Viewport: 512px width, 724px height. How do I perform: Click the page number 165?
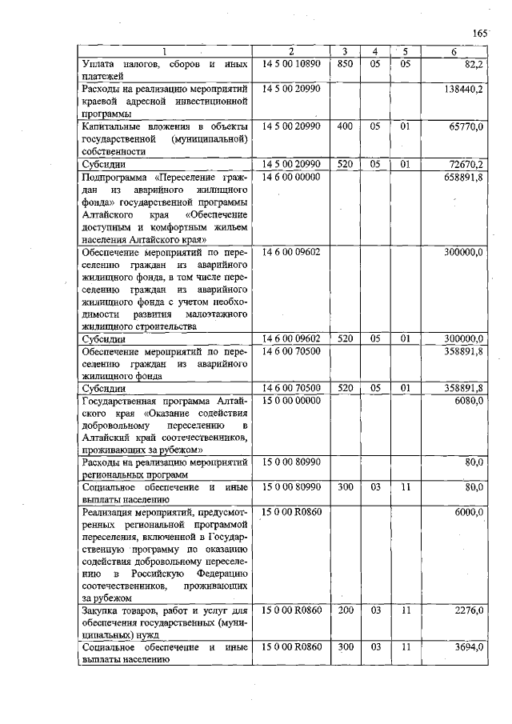(479, 33)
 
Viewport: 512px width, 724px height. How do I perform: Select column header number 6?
(454, 52)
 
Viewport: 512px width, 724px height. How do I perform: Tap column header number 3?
(345, 52)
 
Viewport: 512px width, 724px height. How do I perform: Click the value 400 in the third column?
(345, 126)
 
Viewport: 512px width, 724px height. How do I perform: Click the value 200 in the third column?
(345, 610)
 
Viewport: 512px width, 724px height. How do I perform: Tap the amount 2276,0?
(468, 610)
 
